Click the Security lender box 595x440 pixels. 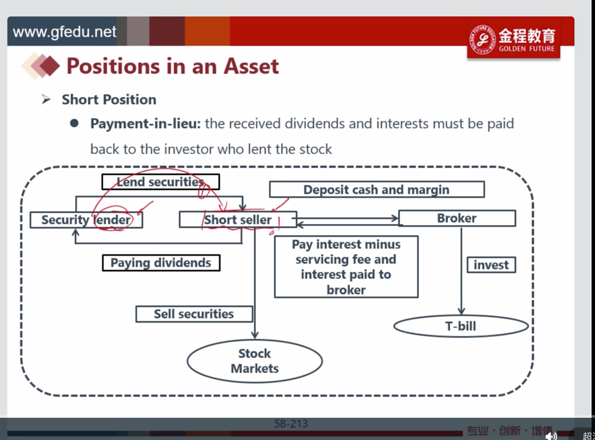click(86, 220)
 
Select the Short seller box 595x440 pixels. click(237, 219)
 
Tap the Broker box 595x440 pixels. click(457, 218)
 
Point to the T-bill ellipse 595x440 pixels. click(461, 326)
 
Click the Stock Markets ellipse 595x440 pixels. click(255, 360)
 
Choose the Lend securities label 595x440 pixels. click(161, 182)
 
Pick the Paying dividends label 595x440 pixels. click(161, 262)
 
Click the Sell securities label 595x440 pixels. click(194, 314)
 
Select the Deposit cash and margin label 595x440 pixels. click(376, 189)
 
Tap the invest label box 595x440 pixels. click(491, 265)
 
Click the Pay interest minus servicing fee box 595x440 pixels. click(346, 267)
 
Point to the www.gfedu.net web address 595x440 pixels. click(64, 32)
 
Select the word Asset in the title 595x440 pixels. click(251, 66)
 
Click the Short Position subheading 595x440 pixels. click(109, 100)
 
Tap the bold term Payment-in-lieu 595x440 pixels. click(146, 124)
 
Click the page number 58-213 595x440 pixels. click(291, 424)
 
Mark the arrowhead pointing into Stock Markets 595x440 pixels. click(255, 335)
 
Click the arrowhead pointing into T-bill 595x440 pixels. click(461, 311)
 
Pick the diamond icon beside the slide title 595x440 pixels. click(41, 66)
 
